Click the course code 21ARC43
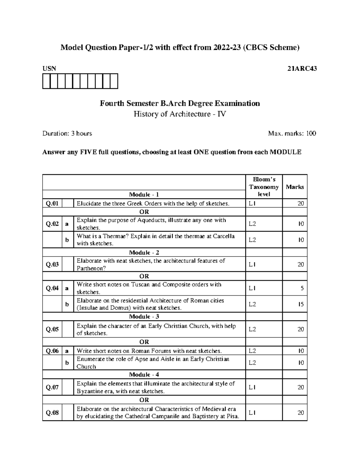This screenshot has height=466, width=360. click(302, 69)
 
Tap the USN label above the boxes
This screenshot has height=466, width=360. click(49, 69)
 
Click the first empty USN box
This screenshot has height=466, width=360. click(46, 81)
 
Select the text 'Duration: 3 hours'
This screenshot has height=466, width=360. click(67, 134)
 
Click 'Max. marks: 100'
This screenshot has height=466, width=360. click(292, 134)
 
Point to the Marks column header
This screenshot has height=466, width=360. click(295, 187)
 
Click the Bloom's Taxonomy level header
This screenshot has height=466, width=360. click(264, 187)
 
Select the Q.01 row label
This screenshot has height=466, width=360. click(52, 203)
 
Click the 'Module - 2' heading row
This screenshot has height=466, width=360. click(144, 252)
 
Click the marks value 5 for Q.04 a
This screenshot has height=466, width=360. click(302, 288)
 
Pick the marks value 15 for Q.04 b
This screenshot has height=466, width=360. click(301, 304)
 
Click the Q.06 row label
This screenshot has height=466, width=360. click(52, 351)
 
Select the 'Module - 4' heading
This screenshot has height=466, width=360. click(144, 374)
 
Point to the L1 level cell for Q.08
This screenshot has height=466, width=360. click(252, 413)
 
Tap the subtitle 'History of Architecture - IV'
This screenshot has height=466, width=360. click(180, 114)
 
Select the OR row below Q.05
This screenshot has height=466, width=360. click(144, 342)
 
